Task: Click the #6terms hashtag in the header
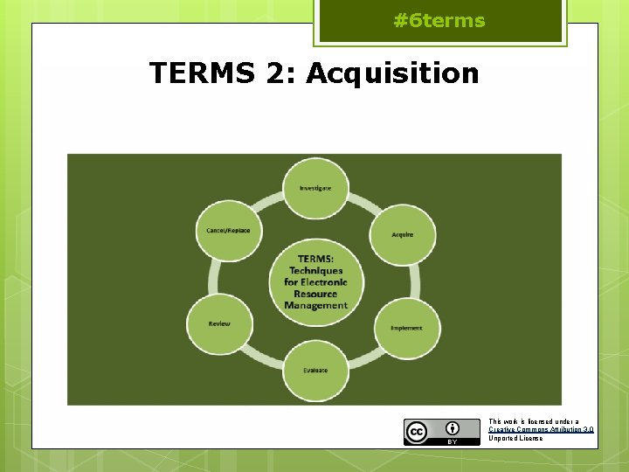[x=439, y=20]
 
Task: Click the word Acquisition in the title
[x=392, y=73]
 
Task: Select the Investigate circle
[x=315, y=188]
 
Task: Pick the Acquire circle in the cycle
[x=402, y=234]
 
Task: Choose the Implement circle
[x=406, y=328]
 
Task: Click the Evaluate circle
[x=315, y=370]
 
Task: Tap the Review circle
[x=219, y=323]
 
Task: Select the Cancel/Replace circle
[x=228, y=231]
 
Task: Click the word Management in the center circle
[x=315, y=306]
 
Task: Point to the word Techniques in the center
[x=315, y=270]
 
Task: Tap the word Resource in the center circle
[x=315, y=294]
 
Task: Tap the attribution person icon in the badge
[x=453, y=428]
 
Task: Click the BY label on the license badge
[x=453, y=441]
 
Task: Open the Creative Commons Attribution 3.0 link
[x=541, y=430]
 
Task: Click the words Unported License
[x=515, y=438]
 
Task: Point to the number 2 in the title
[x=277, y=73]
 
